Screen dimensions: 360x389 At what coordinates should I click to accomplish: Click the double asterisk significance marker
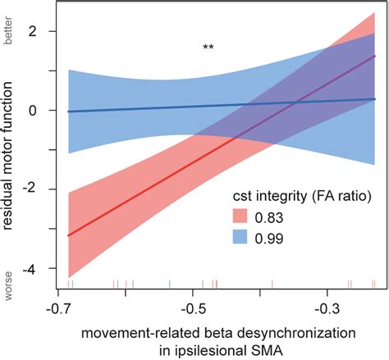point(209,48)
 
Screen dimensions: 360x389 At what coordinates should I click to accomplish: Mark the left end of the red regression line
point(68,235)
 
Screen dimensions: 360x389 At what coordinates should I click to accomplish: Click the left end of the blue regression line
point(68,111)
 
